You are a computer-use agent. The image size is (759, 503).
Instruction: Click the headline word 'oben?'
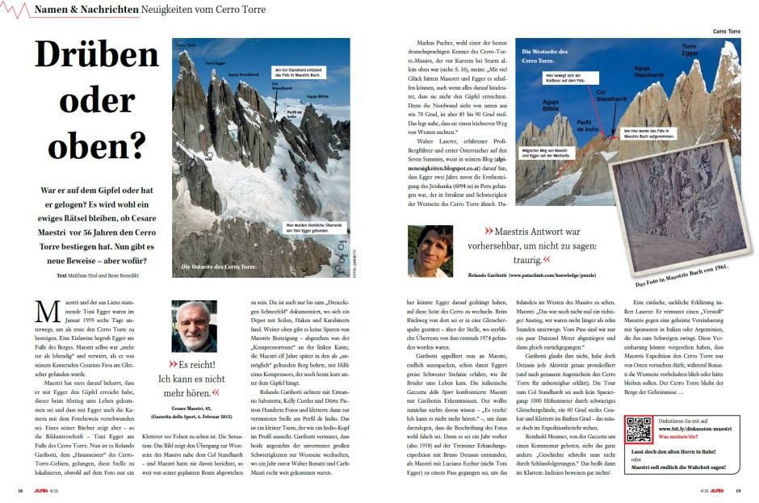[x=96, y=149]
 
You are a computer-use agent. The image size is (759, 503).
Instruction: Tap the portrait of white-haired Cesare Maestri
[x=195, y=325]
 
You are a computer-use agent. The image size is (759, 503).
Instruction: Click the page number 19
[x=738, y=490]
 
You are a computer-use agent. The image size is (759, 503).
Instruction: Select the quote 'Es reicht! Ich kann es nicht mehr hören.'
[x=194, y=372]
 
